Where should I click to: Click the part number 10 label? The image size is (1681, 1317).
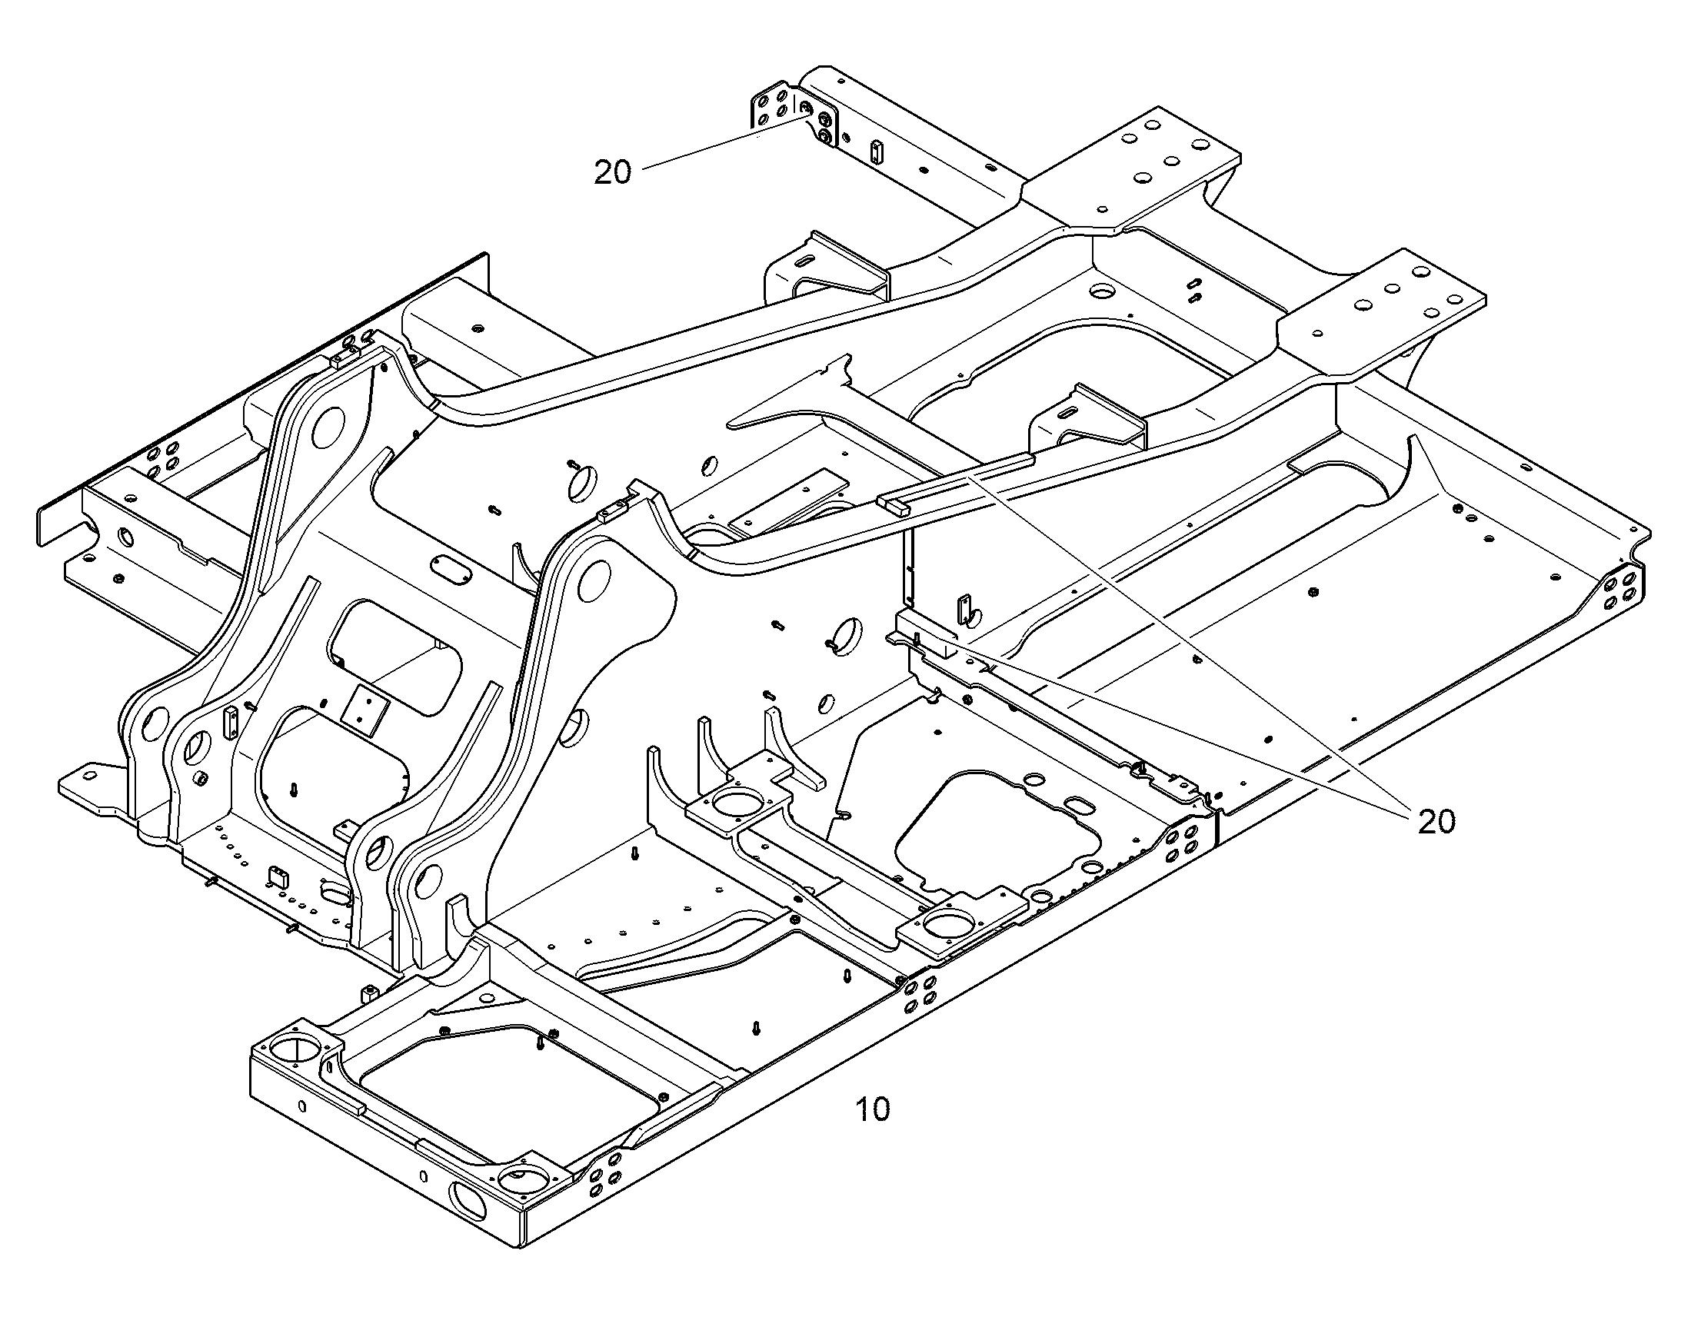[873, 1110]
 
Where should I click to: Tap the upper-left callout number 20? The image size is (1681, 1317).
[613, 172]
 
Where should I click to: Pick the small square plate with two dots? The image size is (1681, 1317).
[368, 707]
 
